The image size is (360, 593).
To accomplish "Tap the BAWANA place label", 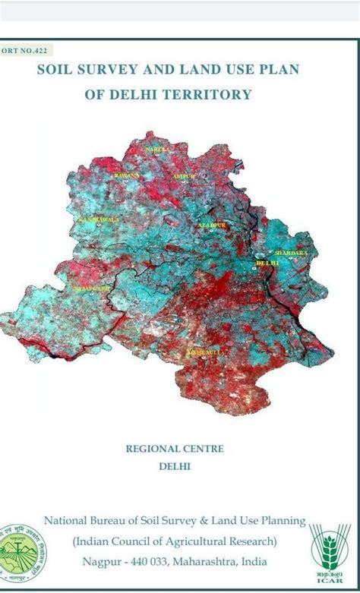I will click(x=127, y=175).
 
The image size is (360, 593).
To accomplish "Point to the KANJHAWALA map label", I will click(x=94, y=219).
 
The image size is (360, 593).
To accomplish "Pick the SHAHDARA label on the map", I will click(x=290, y=251).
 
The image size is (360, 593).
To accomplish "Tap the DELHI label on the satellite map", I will click(x=267, y=263).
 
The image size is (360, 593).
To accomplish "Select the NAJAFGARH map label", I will click(x=91, y=289).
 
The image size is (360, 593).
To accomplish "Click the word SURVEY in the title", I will click(x=111, y=70).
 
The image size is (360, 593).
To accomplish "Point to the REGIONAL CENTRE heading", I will click(x=175, y=449).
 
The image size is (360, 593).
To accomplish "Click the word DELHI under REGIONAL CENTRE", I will click(x=175, y=466).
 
